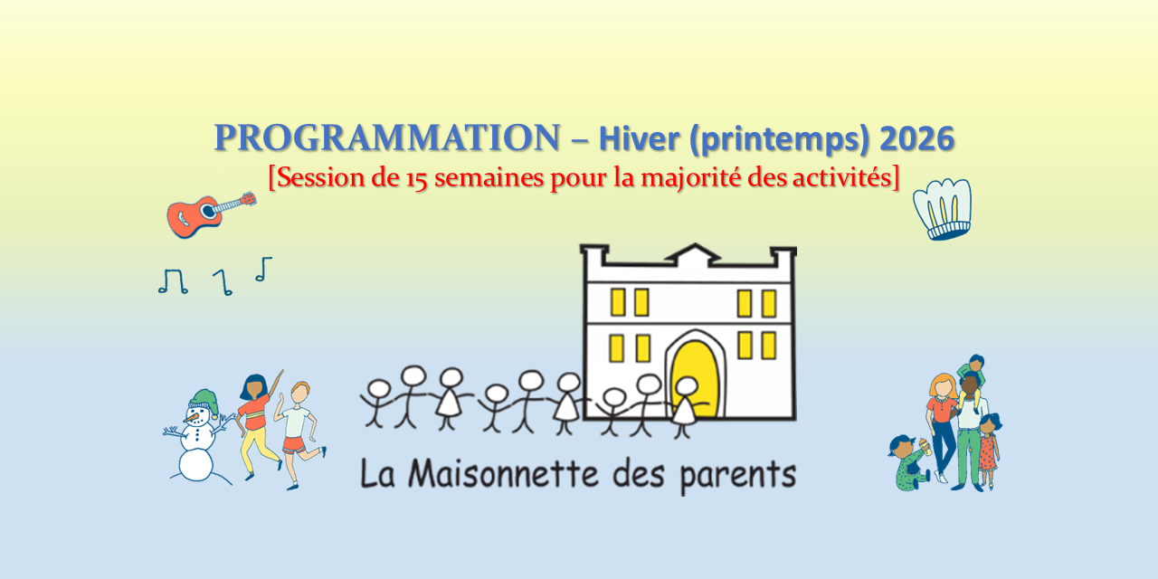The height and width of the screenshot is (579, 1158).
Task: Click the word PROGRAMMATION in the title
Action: (387, 138)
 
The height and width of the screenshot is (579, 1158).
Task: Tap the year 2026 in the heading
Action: (916, 138)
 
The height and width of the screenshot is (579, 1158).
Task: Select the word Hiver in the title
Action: (639, 138)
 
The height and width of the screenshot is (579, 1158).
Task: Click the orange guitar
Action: (211, 214)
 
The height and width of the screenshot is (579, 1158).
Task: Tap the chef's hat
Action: (943, 209)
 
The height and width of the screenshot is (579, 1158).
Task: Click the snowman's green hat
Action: (203, 402)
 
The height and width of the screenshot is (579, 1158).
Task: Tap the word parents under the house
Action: (737, 476)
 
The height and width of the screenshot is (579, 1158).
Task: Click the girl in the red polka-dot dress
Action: (989, 450)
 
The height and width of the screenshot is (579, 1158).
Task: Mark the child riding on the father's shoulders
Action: (970, 377)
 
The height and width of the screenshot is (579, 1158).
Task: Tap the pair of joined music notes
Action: (173, 281)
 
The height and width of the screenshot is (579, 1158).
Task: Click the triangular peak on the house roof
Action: (696, 252)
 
